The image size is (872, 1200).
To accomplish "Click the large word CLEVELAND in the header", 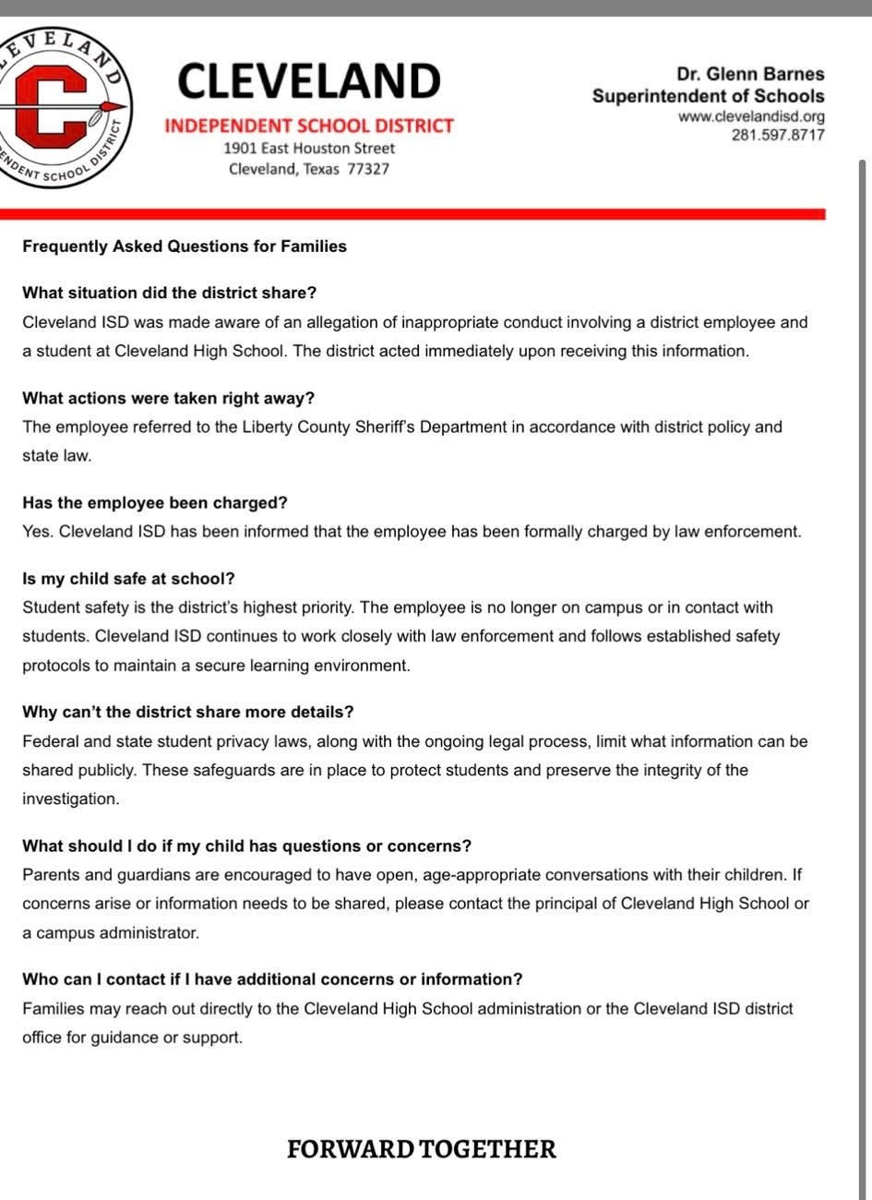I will pos(309,81).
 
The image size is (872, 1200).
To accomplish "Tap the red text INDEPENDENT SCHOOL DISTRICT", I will pos(309,126).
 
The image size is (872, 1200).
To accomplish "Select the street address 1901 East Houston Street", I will pos(309,148).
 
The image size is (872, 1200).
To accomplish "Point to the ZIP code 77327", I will pos(368,169).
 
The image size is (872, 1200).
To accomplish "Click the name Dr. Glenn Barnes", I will pos(750,74).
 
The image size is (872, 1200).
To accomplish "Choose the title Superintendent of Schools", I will pos(708,96).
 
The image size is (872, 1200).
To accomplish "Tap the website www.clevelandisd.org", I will pos(751,117).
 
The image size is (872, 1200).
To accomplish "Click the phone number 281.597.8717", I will pos(778,135).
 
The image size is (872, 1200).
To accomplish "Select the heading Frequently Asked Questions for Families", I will pos(185,246).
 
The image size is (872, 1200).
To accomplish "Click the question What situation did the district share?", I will pos(169,293).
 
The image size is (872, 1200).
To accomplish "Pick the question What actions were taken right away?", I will pos(168,398).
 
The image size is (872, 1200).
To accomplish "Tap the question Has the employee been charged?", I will pos(155,502).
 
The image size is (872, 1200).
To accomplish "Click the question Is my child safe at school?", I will pos(128,579).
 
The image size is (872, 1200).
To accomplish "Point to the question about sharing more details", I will pos(188,712).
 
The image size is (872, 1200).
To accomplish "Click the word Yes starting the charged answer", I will pos(35,532).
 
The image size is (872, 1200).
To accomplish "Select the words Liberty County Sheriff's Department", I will pos(361,427).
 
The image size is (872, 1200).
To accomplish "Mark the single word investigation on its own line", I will pos(71,799).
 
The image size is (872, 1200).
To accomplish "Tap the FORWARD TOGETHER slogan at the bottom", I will pos(422,1149).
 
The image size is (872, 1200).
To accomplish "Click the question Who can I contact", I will pos(272,978).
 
